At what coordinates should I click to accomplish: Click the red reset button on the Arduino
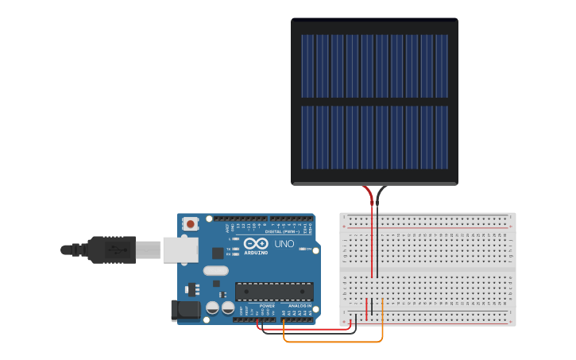point(190,224)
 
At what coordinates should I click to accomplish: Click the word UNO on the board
point(284,243)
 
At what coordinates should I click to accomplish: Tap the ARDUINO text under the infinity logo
point(256,253)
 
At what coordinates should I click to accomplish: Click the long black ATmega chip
point(274,292)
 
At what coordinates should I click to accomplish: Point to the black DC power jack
point(185,311)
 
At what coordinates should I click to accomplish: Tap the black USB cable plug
point(111,250)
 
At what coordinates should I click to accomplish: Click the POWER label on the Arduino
point(267,305)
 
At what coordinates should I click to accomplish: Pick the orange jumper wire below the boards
point(334,342)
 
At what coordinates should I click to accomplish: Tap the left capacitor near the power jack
point(212,308)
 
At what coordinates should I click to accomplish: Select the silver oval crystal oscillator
point(215,270)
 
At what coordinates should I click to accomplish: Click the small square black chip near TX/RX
point(218,253)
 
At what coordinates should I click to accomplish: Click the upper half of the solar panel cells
point(374,66)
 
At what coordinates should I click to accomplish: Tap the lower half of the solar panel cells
point(374,137)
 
